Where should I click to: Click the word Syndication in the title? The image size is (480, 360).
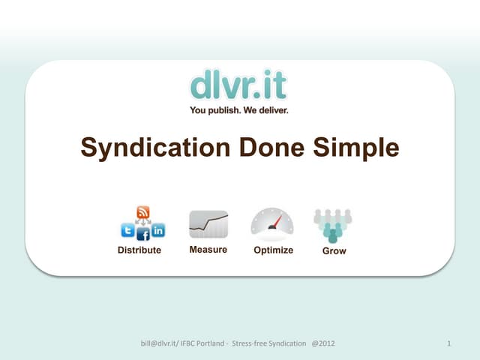coord(154,148)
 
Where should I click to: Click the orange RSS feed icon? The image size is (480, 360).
coord(142,212)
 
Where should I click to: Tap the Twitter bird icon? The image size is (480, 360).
coord(127,230)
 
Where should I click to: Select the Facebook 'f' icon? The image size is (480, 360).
coord(143,235)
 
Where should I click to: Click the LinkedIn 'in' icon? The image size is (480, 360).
coord(158,230)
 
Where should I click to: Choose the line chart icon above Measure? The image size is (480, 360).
coord(208,223)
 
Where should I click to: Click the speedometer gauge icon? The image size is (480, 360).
coord(272,223)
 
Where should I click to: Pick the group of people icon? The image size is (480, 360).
coord(333,224)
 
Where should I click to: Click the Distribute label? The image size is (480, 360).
coord(139,250)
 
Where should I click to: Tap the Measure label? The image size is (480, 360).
coord(208,250)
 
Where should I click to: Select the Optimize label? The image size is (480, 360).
coord(273,250)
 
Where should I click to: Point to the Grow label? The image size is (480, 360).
coord(334,250)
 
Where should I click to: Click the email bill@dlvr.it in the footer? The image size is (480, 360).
coord(160,343)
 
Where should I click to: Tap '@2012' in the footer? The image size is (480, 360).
coord(322,343)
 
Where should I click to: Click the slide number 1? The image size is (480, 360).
coord(448,343)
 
